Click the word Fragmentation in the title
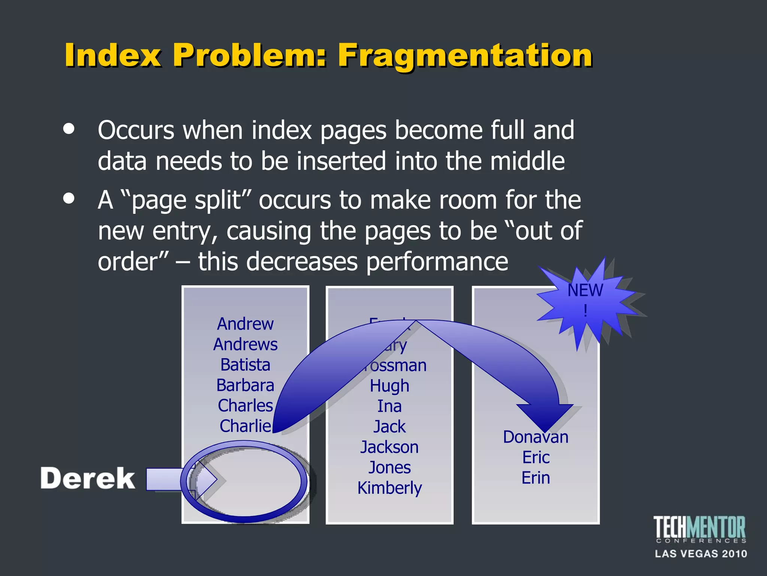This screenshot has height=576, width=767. tap(465, 55)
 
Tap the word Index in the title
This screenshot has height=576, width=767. tap(113, 55)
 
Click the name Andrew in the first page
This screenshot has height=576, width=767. tap(245, 324)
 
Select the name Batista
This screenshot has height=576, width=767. tap(245, 364)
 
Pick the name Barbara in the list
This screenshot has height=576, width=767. tap(245, 385)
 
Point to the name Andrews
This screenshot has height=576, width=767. tap(245, 344)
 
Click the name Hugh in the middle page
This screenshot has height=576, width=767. tap(389, 386)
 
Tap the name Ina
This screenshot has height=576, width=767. tap(389, 406)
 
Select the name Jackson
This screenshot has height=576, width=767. tap(389, 447)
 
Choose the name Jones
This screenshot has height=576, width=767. tap(389, 467)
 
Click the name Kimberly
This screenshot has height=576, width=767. tap(389, 488)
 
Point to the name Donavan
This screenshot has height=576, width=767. tap(536, 437)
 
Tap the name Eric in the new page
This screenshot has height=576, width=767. tap(536, 457)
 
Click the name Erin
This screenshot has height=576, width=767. tap(536, 478)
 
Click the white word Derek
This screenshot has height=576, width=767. tap(88, 478)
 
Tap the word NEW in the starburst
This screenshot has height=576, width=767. tap(585, 290)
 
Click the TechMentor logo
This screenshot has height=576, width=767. tap(700, 529)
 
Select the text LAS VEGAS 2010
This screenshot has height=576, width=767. tap(701, 553)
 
